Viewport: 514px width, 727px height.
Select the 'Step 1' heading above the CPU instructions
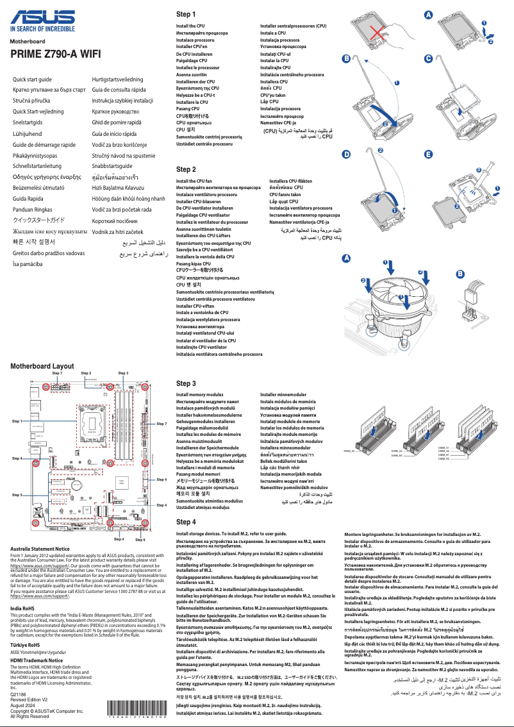click(186, 14)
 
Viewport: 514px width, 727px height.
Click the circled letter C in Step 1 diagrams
click(428, 58)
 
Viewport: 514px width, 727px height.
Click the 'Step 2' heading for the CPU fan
click(186, 169)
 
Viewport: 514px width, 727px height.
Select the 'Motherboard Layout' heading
click(42, 365)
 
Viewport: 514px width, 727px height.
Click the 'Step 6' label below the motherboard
click(140, 539)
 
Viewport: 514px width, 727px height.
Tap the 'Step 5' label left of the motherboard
click(17, 495)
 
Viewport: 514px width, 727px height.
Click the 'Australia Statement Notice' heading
click(40, 549)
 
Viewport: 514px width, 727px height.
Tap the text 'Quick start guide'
click(33, 78)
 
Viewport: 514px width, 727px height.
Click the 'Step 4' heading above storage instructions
click(186, 522)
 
